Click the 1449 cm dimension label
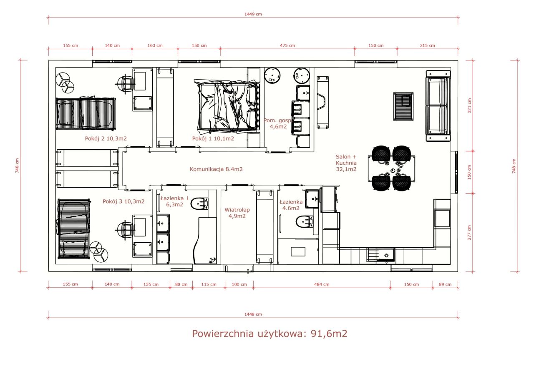click(x=253, y=14)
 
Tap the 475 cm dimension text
click(x=287, y=45)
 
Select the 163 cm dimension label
click(x=155, y=45)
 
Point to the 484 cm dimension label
click(x=322, y=284)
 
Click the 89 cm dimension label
click(x=445, y=284)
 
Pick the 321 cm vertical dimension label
click(x=469, y=105)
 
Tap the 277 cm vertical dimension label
click(x=469, y=233)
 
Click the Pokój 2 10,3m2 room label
click(x=106, y=138)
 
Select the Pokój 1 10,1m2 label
click(x=213, y=138)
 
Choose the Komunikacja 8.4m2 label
click(x=216, y=169)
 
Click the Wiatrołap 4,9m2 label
click(x=237, y=213)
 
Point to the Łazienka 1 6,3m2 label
click(x=174, y=201)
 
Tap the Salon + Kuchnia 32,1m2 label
click(x=346, y=163)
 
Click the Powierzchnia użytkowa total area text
click(x=270, y=334)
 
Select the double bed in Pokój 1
click(x=228, y=106)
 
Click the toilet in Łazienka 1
click(x=199, y=203)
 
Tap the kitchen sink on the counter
click(x=380, y=255)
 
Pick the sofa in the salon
click(x=438, y=106)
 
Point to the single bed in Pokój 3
click(x=73, y=229)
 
